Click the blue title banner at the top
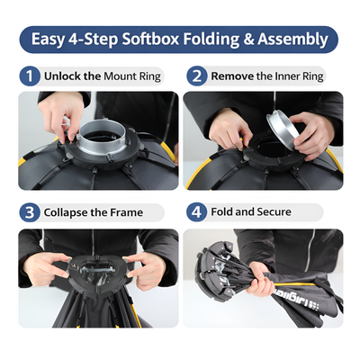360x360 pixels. (179, 40)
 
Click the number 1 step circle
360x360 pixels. (30, 76)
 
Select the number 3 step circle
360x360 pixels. (30, 213)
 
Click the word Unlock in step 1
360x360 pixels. (65, 76)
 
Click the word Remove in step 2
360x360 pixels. (232, 76)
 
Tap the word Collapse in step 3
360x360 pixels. (68, 213)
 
